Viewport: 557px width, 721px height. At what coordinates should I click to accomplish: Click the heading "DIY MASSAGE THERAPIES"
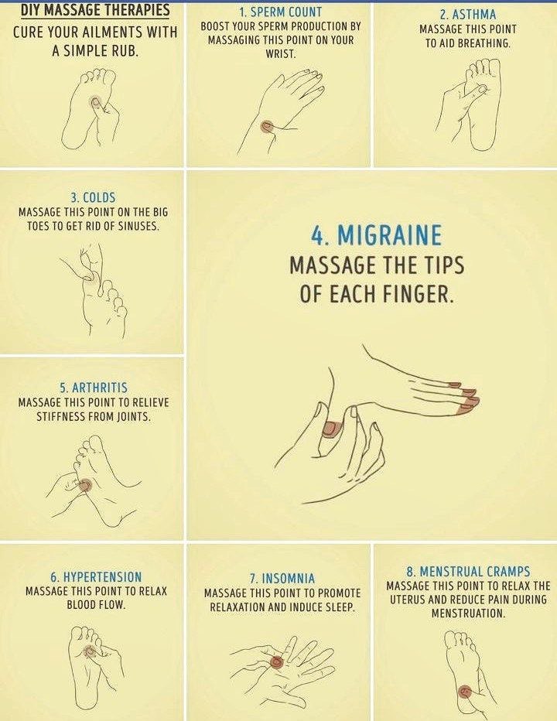coord(95,10)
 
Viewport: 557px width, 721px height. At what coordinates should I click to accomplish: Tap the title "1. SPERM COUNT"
coord(281,12)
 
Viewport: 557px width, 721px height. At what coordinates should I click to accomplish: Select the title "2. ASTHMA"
coord(468,15)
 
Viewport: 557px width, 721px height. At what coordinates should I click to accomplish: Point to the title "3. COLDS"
coord(93,198)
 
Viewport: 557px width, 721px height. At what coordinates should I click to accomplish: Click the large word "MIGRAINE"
coord(390,235)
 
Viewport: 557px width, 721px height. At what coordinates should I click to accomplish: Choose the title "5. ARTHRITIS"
coord(94,388)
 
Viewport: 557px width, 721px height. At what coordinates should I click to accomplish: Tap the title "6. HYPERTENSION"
coord(96,576)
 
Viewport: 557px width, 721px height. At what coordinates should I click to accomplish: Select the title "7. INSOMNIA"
coord(282,579)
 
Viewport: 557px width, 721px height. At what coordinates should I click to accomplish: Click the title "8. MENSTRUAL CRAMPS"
coord(468,572)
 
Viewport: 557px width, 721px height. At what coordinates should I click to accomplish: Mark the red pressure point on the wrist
coord(267,126)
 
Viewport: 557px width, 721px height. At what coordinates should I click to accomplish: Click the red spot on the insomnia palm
coord(276,661)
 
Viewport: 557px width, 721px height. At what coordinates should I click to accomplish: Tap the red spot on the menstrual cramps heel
coord(465,691)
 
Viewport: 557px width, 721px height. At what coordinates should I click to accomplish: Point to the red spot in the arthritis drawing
coord(84,485)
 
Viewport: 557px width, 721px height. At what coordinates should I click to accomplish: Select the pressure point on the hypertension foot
coord(90,651)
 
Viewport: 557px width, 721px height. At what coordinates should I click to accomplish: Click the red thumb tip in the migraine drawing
coord(332,429)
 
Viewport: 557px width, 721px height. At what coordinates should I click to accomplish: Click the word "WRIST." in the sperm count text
coord(281,54)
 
